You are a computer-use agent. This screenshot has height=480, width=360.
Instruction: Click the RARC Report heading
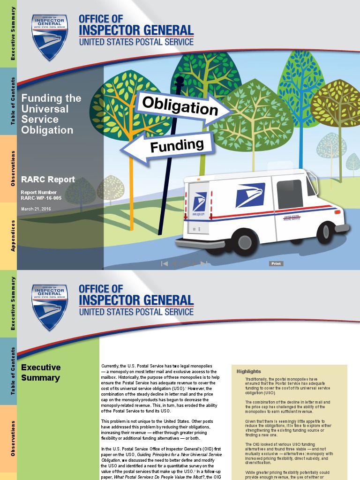(x=48, y=180)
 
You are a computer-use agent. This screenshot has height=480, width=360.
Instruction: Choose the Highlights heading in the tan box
(x=248, y=371)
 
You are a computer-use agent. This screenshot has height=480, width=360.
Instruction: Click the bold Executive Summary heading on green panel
(x=41, y=373)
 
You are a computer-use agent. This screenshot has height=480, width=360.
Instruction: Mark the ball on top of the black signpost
(x=179, y=81)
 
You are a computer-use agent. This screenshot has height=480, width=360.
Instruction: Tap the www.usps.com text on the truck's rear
(x=198, y=214)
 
